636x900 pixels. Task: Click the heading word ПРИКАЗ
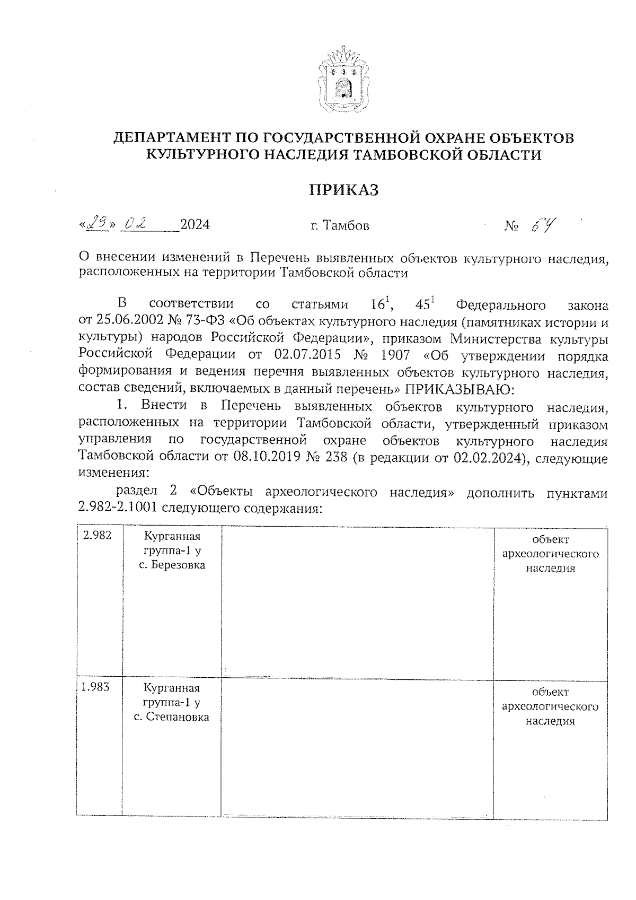pyautogui.click(x=344, y=189)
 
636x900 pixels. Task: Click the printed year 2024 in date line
pyautogui.click(x=195, y=224)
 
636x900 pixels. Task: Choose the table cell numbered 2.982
pyautogui.click(x=97, y=536)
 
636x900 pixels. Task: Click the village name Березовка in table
pyautogui.click(x=179, y=565)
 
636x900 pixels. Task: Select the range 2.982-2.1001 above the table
pyautogui.click(x=118, y=508)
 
